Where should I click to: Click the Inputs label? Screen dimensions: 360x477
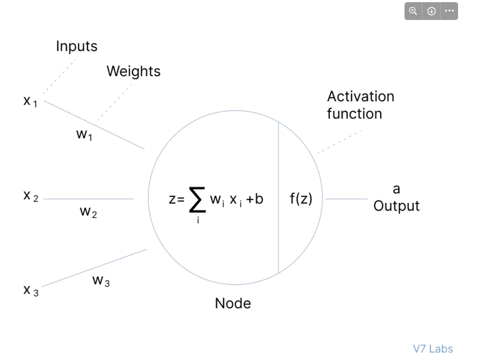click(77, 46)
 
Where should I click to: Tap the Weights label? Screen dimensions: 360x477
click(133, 71)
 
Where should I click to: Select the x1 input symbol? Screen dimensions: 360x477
click(30, 101)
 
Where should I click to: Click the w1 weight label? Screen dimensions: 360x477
click(84, 136)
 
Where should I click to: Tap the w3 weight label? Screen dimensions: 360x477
click(101, 281)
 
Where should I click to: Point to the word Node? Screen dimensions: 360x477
click(233, 303)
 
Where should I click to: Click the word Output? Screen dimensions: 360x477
click(396, 206)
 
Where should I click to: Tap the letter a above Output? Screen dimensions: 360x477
click(396, 189)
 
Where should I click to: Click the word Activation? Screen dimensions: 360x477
click(360, 97)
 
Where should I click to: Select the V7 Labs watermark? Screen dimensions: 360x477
click(433, 349)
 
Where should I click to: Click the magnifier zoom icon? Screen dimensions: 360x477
click(414, 11)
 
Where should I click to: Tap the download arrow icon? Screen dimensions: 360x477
click(431, 11)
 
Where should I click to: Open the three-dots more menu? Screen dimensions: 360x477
click(449, 11)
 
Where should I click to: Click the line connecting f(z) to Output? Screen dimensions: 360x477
click(346, 199)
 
